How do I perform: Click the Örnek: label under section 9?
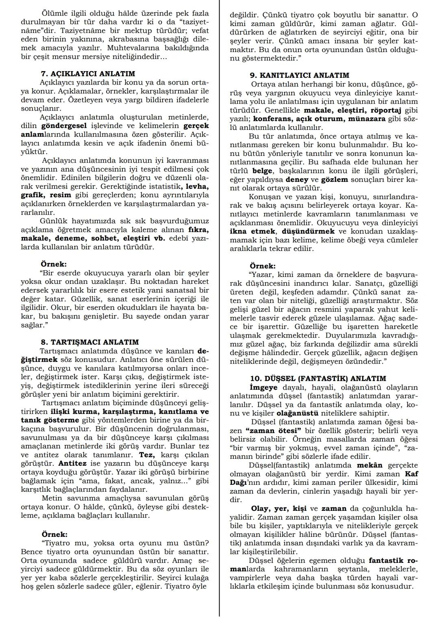(262, 266)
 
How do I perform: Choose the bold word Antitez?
(72, 463)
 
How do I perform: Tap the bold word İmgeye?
(263, 388)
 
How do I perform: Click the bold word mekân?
(370, 465)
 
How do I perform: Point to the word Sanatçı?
(371, 283)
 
